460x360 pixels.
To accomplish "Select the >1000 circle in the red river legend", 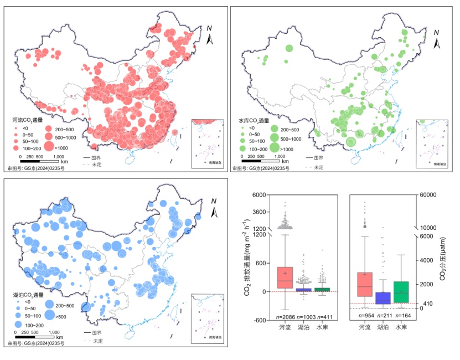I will pos(49,147).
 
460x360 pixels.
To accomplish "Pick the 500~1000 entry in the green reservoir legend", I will pos(273,138).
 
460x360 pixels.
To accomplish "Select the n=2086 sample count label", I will pos(285,316).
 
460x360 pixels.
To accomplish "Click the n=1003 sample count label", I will pos(307,316).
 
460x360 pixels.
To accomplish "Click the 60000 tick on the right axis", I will pos(430,195).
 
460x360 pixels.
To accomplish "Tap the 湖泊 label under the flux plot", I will pos(304,328).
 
